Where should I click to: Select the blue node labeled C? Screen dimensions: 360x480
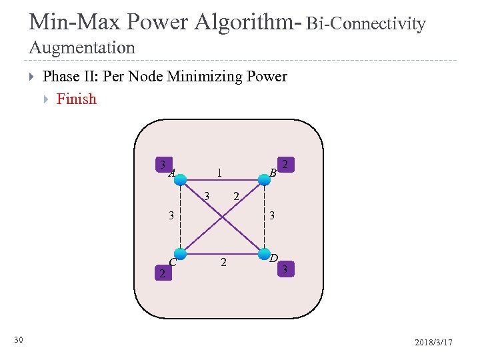pos(180,254)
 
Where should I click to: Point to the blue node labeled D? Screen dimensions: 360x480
pos(265,254)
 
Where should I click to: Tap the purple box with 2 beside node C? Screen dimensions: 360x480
pos(160,273)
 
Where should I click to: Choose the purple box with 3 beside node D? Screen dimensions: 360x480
pos(285,269)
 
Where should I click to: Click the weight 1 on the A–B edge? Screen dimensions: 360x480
pos(219,173)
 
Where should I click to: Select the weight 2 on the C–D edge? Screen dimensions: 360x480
pos(223,263)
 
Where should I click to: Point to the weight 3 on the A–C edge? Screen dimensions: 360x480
pos(171,215)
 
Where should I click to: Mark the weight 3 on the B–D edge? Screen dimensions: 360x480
pos(272,215)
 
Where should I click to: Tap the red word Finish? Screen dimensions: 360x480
pos(77,99)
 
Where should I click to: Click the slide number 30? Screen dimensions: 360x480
pos(19,341)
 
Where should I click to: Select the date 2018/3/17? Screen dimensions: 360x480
pos(433,342)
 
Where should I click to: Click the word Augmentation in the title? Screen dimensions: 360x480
pos(82,48)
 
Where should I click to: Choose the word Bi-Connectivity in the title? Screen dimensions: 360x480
pos(366,24)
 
